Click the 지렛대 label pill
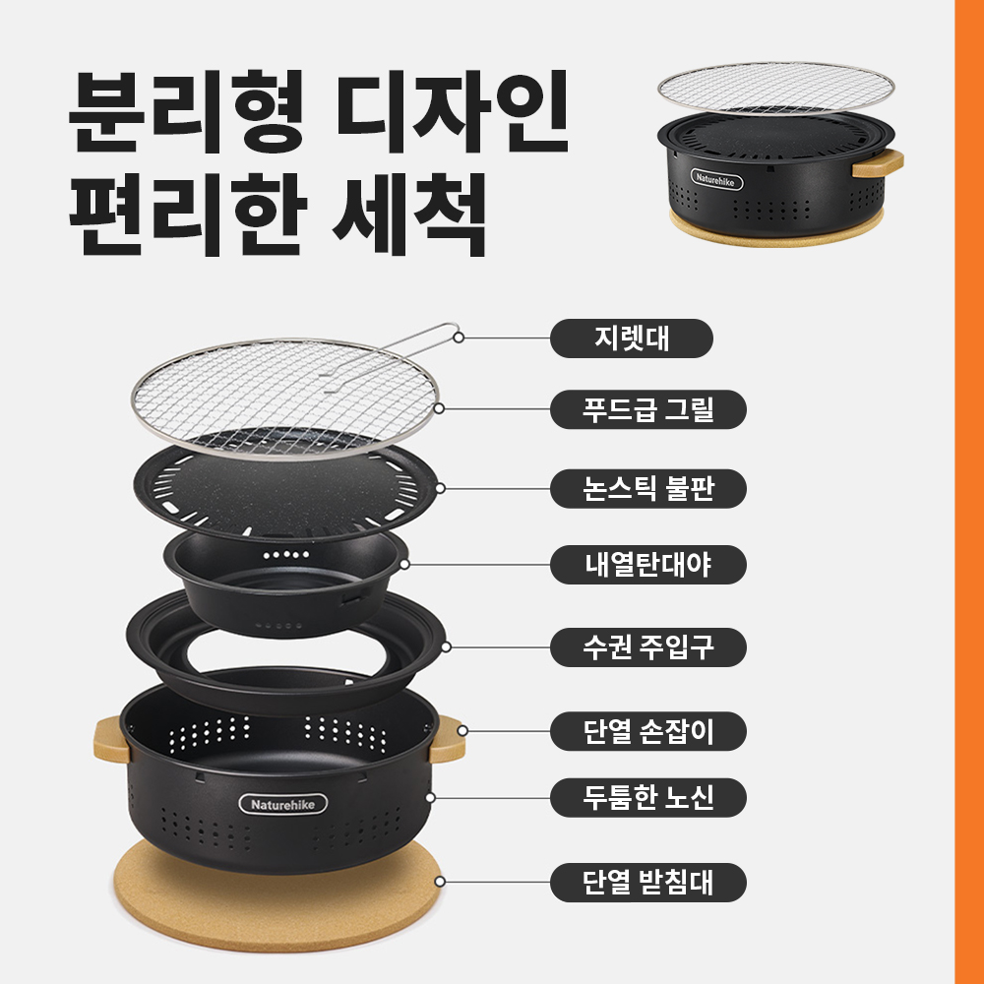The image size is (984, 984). click(632, 338)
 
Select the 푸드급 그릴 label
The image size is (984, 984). click(648, 409)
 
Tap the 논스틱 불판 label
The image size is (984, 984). click(648, 488)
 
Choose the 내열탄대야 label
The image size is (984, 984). click(648, 565)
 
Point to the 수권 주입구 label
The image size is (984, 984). click(648, 647)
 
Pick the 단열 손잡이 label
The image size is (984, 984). click(648, 731)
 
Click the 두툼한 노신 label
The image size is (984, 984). click(648, 798)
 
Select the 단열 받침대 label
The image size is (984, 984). click(648, 883)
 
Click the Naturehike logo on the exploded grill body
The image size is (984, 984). click(283, 804)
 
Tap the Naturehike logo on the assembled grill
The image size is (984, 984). click(716, 179)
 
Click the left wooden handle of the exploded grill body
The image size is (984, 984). click(112, 740)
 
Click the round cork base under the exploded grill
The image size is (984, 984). click(277, 903)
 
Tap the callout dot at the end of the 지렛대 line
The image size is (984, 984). click(459, 338)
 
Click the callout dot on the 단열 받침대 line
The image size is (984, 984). click(440, 882)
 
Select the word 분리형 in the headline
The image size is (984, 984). click(187, 112)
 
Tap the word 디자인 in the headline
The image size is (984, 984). click(452, 112)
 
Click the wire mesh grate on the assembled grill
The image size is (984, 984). click(776, 88)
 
